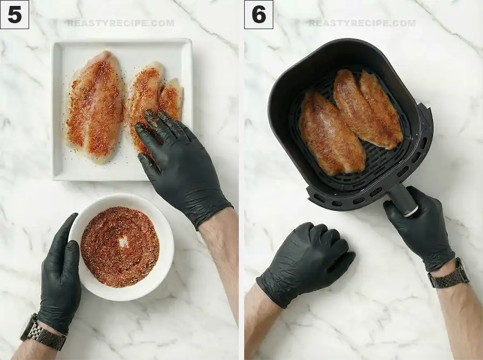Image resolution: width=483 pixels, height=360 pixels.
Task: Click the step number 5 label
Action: [x=15, y=15]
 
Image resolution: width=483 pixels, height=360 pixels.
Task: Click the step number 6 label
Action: [x=259, y=15]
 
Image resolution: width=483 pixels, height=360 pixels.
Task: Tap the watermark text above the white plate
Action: [x=120, y=23]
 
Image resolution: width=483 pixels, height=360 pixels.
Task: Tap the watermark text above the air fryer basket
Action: [x=362, y=23]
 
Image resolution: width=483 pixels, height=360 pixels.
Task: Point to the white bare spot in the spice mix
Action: [x=123, y=242]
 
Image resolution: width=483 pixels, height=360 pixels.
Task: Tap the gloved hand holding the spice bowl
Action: [x=59, y=275]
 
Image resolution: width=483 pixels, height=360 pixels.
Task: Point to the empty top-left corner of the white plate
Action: [x=65, y=51]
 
